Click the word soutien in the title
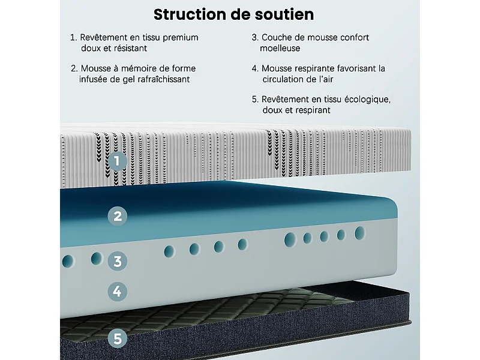click(x=286, y=14)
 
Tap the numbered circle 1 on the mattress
click(x=118, y=160)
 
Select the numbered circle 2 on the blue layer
click(x=118, y=216)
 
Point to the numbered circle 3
click(x=118, y=261)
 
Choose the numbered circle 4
click(x=118, y=292)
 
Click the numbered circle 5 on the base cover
click(x=118, y=339)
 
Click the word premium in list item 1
click(x=179, y=38)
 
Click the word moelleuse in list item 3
click(x=280, y=48)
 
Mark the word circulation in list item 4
click(x=286, y=79)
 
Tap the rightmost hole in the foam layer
click(x=360, y=233)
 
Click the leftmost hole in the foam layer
click(x=68, y=262)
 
